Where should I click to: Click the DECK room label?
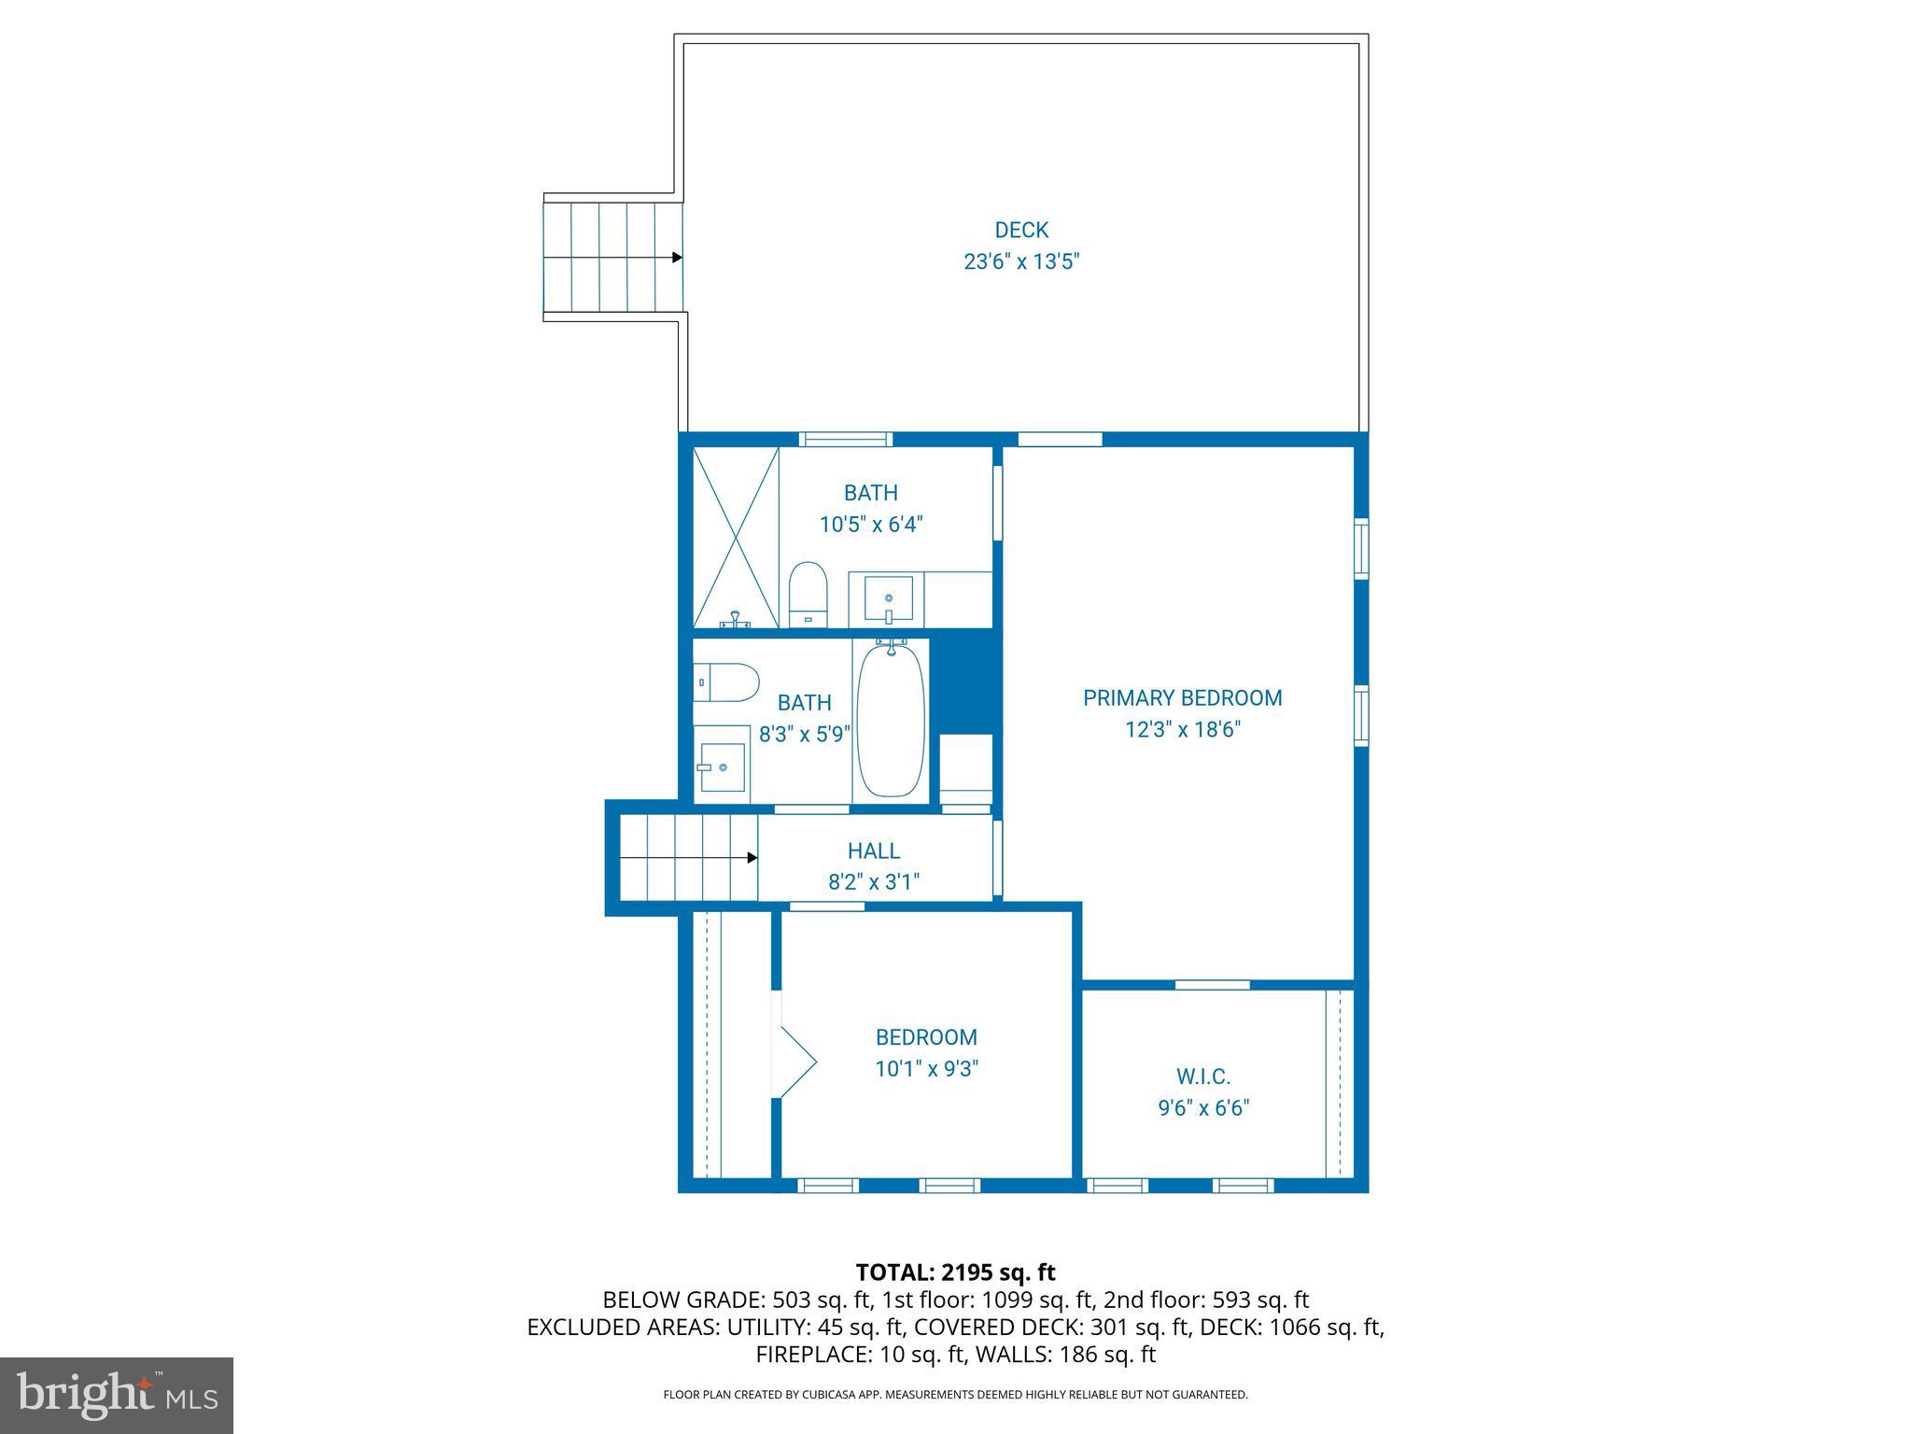click(1021, 230)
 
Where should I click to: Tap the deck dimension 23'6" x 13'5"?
click(1021, 261)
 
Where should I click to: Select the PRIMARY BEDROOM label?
click(1182, 697)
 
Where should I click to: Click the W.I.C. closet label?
click(1202, 1076)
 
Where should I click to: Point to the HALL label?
click(874, 851)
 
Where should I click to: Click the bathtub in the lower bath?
click(891, 720)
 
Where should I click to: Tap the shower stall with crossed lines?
click(736, 537)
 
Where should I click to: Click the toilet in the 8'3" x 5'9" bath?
click(725, 682)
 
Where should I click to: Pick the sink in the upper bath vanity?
click(888, 597)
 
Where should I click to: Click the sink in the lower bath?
click(723, 766)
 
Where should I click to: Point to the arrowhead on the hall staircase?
click(752, 857)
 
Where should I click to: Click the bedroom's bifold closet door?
click(795, 1062)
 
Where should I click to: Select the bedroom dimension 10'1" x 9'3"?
click(926, 1069)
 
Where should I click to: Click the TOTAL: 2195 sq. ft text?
click(955, 1272)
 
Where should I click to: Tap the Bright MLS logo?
click(117, 1395)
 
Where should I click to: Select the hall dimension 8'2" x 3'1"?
click(874, 881)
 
